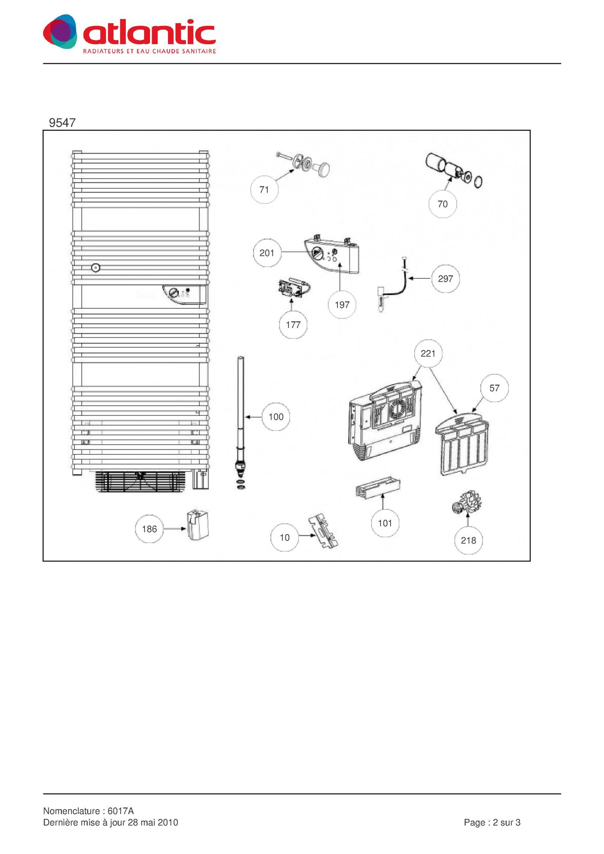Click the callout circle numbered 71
pyautogui.click(x=264, y=189)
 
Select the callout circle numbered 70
pyautogui.click(x=443, y=204)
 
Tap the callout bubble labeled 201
pyautogui.click(x=267, y=253)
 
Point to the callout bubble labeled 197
pyautogui.click(x=342, y=305)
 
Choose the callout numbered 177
pyautogui.click(x=293, y=325)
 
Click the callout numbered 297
pyautogui.click(x=446, y=279)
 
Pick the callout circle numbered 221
pyautogui.click(x=428, y=353)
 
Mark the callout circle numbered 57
pyautogui.click(x=494, y=388)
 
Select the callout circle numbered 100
pyautogui.click(x=276, y=417)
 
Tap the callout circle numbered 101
pyautogui.click(x=385, y=523)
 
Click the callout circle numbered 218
pyautogui.click(x=468, y=540)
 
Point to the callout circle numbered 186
pyautogui.click(x=150, y=529)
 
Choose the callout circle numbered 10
pyautogui.click(x=284, y=537)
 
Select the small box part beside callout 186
pyautogui.click(x=198, y=525)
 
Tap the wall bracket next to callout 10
pyautogui.click(x=324, y=532)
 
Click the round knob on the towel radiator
pyautogui.click(x=96, y=268)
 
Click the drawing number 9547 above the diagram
pyautogui.click(x=62, y=123)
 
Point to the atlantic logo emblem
pyautogui.click(x=60, y=31)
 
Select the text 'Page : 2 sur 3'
pyautogui.click(x=492, y=822)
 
